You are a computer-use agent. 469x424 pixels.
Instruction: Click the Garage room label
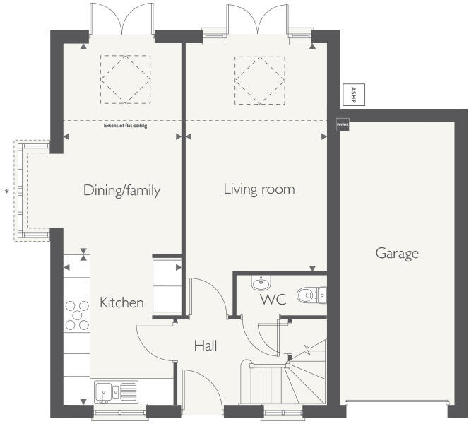click(x=397, y=253)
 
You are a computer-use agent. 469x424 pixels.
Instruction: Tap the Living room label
click(x=259, y=189)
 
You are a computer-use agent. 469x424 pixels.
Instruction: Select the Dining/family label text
click(x=122, y=190)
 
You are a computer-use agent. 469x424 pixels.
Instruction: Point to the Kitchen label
click(x=121, y=302)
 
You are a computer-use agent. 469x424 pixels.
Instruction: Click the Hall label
click(x=206, y=346)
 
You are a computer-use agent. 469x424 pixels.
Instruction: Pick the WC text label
click(x=272, y=300)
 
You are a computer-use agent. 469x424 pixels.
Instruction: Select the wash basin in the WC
click(x=261, y=283)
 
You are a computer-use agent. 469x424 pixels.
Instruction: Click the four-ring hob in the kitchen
click(x=76, y=315)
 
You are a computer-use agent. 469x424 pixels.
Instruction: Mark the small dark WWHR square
click(x=343, y=124)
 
